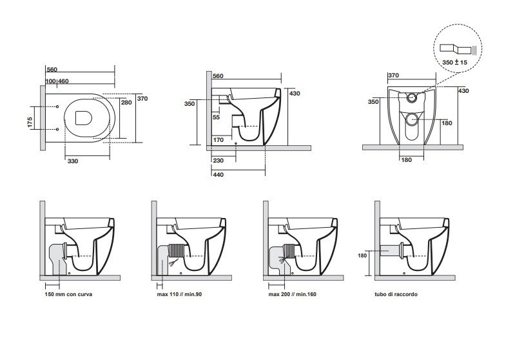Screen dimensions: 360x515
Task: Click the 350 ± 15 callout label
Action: click(x=454, y=61)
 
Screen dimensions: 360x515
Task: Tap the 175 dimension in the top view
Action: click(x=30, y=123)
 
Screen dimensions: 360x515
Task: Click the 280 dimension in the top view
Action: click(x=126, y=102)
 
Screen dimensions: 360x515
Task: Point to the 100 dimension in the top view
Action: click(x=50, y=81)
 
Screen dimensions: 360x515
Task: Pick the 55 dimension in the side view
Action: click(x=216, y=117)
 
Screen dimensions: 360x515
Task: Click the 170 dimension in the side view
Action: click(x=218, y=139)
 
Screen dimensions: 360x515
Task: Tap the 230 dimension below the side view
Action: click(x=218, y=161)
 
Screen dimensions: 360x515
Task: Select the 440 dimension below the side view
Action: click(x=218, y=174)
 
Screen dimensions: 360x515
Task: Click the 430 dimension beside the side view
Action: click(x=295, y=93)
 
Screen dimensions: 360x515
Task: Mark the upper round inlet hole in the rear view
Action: click(x=413, y=98)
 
